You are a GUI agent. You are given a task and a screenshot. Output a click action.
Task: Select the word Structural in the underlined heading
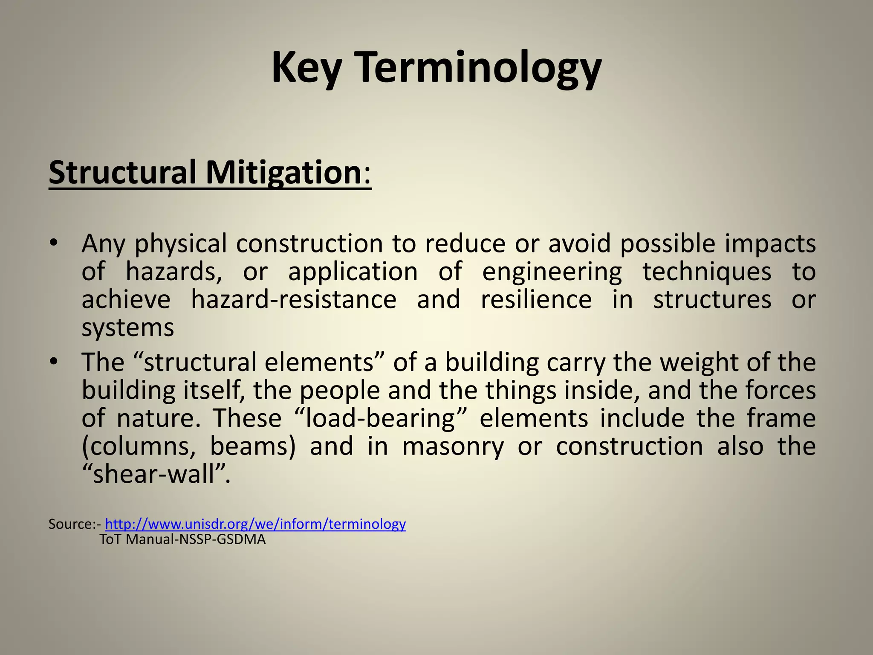[122, 173]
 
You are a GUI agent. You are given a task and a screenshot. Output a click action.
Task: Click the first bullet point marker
[53, 244]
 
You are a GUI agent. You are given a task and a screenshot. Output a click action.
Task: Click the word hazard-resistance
[294, 300]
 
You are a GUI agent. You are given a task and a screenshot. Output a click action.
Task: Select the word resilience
[536, 300]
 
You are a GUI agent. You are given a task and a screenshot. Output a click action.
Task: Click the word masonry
[453, 447]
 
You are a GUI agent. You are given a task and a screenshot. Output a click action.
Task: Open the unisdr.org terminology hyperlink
[255, 524]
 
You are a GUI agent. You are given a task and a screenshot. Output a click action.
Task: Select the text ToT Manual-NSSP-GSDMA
[182, 539]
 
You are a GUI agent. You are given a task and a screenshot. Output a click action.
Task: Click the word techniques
[707, 272]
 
